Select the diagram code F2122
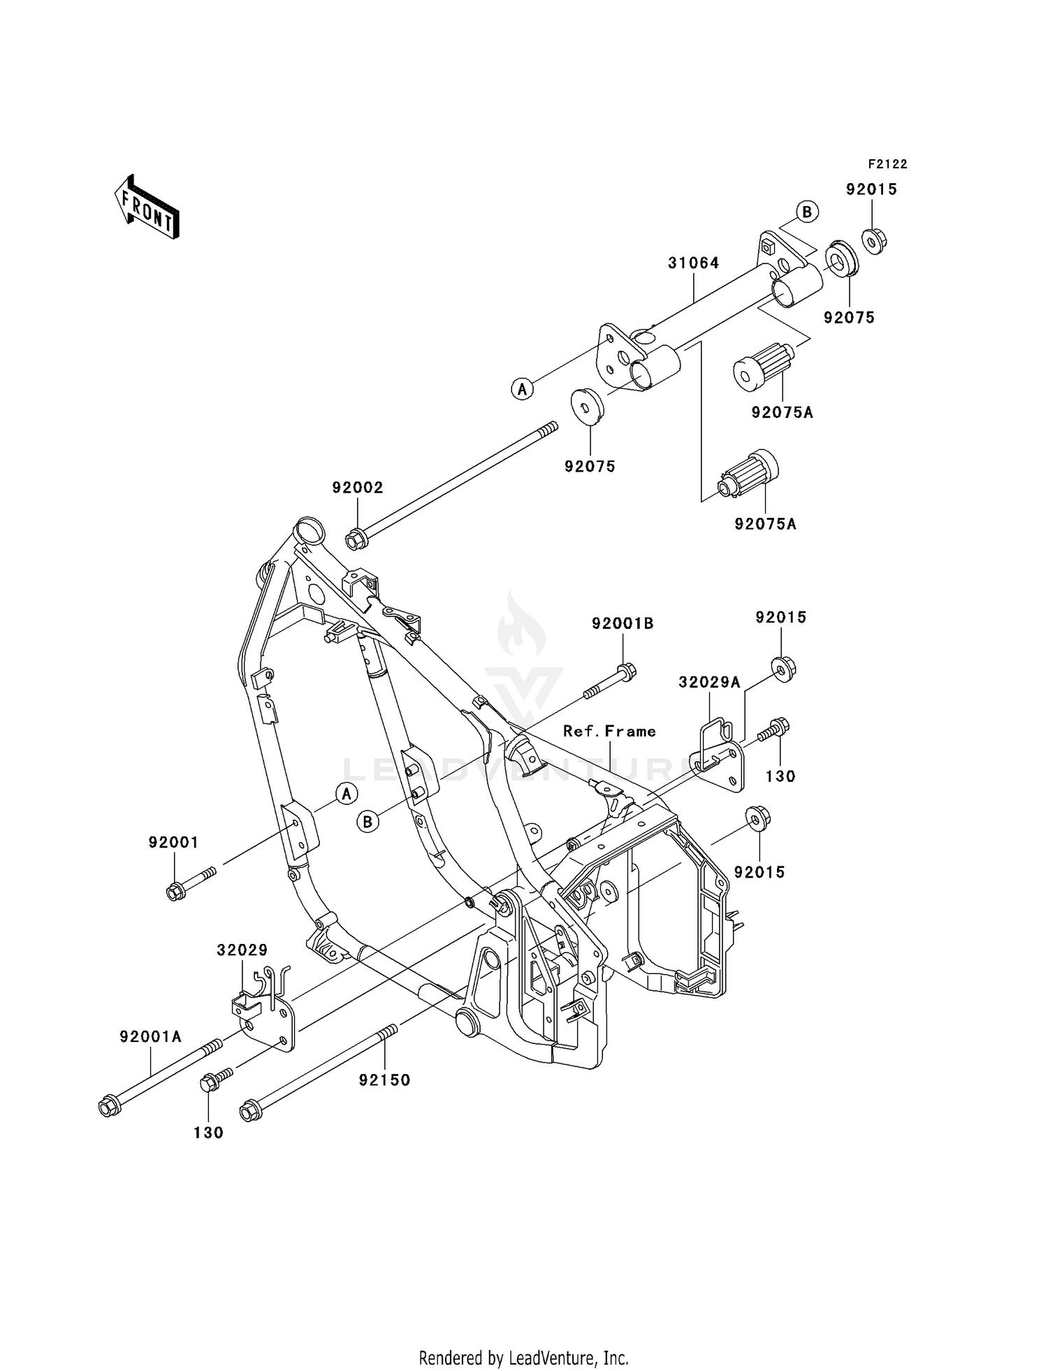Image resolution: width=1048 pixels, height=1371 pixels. point(887,164)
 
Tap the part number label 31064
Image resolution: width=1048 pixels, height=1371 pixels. point(693,263)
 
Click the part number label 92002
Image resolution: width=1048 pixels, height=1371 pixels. point(358,488)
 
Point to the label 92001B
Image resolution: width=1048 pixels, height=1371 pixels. point(623,623)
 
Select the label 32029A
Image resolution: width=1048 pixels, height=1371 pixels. point(709,682)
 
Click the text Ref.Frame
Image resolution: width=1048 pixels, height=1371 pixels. point(609,732)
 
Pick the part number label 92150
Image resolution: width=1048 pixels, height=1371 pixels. point(384,1080)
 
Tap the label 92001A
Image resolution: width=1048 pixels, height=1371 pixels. point(150,1037)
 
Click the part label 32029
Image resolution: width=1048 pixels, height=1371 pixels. point(242,950)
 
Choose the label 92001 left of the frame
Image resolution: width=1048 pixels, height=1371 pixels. point(173,843)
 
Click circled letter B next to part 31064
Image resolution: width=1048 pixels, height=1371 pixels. point(807,212)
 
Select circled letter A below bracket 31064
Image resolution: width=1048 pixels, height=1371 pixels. point(522,389)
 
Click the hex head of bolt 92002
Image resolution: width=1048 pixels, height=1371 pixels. point(355,539)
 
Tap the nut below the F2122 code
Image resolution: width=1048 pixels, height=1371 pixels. point(873,241)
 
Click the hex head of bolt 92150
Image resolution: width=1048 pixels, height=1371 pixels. point(249,1111)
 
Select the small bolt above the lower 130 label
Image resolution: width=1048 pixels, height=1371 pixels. point(210,1084)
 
